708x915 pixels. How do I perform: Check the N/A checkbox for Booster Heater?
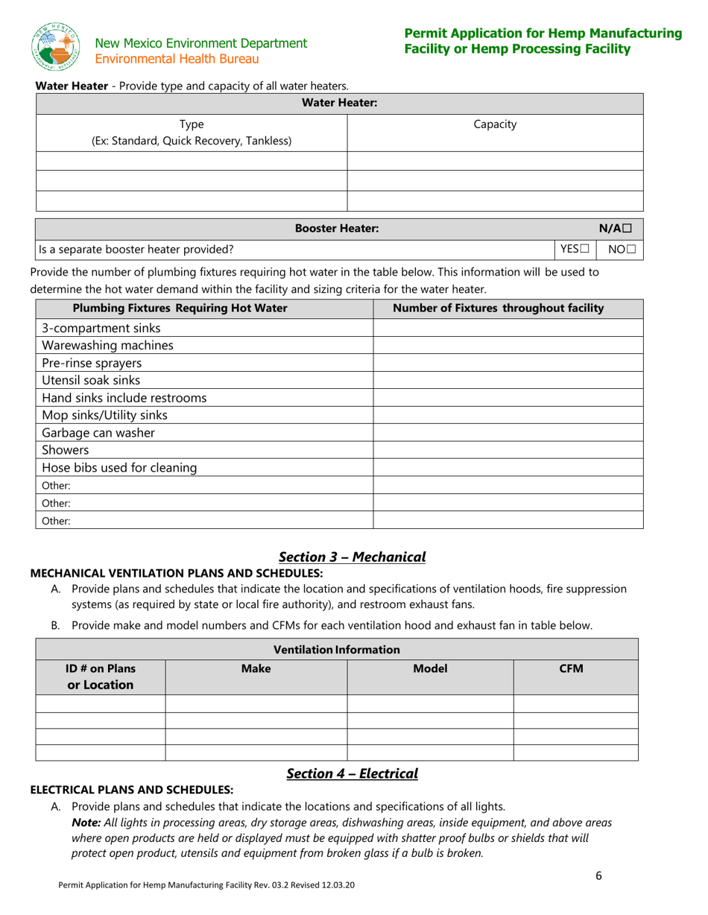[x=628, y=229]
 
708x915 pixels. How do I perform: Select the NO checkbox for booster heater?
[x=631, y=250]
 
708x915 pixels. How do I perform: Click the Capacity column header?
[x=495, y=124]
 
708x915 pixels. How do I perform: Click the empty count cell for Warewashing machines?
[x=507, y=346]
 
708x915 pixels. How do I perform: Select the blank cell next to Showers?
[x=507, y=450]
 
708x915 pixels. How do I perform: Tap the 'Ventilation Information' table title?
[x=337, y=650]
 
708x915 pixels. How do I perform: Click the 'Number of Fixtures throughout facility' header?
[x=498, y=308]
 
